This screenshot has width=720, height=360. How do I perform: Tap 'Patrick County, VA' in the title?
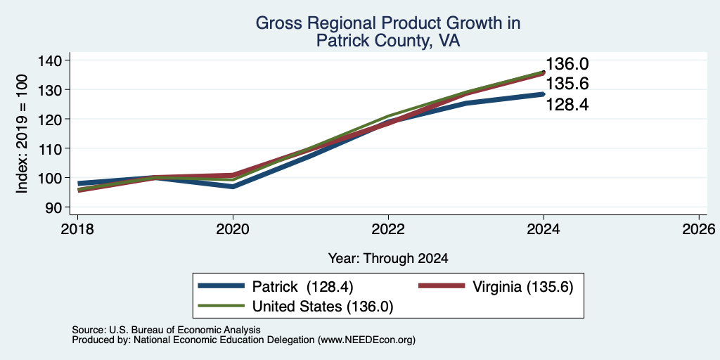click(388, 41)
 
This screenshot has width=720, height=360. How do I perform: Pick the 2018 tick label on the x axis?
click(77, 229)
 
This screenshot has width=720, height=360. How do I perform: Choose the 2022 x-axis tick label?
click(388, 229)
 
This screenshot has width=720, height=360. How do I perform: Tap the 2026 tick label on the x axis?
click(699, 229)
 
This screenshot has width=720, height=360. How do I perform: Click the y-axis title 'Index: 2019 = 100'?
click(22, 134)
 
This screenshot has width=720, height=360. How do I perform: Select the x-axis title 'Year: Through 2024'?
click(388, 259)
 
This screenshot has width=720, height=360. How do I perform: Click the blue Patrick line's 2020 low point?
click(233, 186)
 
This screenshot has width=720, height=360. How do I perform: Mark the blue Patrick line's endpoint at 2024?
click(544, 94)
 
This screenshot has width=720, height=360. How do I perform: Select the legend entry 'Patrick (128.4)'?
click(276, 287)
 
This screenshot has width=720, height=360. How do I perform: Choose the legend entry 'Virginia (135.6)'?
click(496, 287)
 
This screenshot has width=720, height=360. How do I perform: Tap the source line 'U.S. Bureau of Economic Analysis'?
click(185, 330)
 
